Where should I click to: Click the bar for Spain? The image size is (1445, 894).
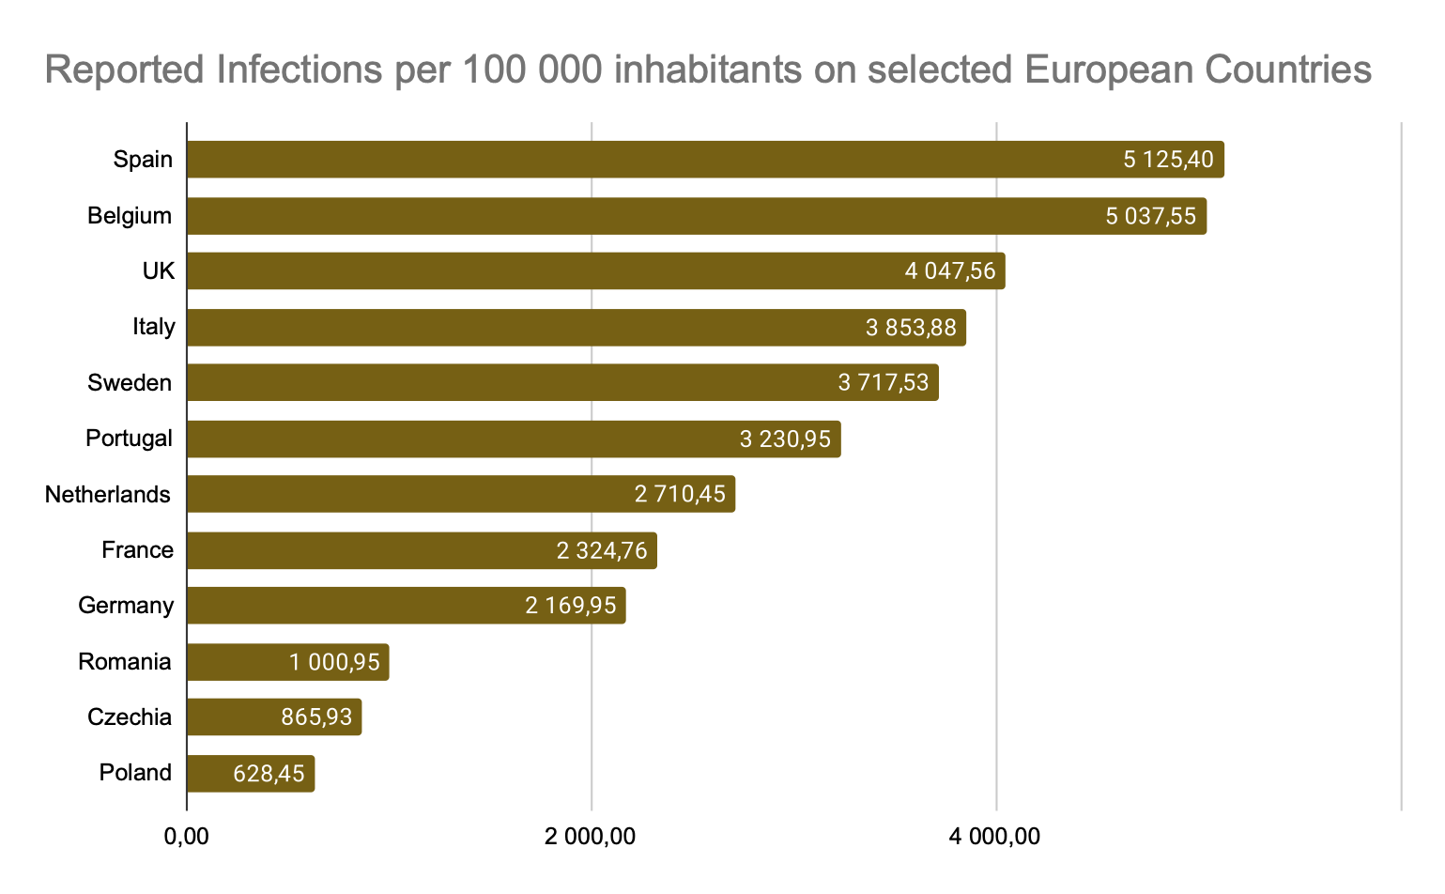pos(657,160)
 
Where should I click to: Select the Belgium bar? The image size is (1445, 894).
pos(648,216)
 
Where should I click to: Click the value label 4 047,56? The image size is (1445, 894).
pos(950,271)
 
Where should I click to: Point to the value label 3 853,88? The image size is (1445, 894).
pos(911,328)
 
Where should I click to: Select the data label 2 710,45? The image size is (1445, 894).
pos(680,494)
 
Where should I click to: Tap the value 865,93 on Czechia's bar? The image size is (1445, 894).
pos(316,717)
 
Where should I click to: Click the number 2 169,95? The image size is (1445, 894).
pos(571,606)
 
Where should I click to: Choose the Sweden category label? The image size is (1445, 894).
pos(130,383)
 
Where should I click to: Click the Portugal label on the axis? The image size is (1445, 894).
pos(129,439)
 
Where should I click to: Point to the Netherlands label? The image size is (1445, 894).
pos(108,494)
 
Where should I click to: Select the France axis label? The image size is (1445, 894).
pos(137,550)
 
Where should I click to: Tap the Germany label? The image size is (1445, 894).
pos(126,606)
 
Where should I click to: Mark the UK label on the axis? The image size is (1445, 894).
pos(159,271)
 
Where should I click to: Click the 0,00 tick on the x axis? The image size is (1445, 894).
pos(186,836)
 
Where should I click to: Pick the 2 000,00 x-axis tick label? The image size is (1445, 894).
pos(591,836)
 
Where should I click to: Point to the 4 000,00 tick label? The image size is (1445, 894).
pos(995,836)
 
